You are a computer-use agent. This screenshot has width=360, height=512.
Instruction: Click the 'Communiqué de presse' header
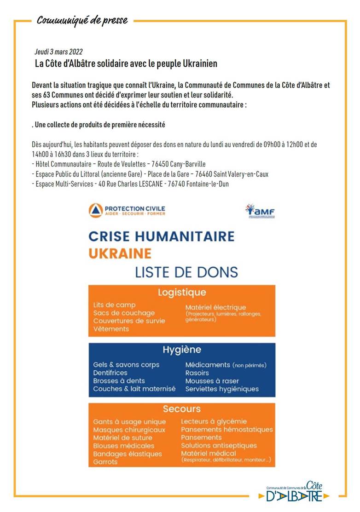(82, 21)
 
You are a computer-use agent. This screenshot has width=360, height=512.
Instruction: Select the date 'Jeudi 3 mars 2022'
(58, 52)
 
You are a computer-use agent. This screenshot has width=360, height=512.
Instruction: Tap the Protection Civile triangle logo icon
(95, 210)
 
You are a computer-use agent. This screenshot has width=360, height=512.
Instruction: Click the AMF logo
(260, 210)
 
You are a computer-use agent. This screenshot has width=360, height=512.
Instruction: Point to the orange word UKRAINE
(120, 253)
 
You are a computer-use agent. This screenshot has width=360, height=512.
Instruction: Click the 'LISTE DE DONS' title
(186, 272)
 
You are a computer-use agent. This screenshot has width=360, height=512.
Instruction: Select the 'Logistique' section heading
(182, 293)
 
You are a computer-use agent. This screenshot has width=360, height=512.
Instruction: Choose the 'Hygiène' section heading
(182, 350)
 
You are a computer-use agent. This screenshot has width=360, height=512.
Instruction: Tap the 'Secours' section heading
(182, 409)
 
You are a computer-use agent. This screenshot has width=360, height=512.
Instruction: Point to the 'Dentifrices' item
(110, 373)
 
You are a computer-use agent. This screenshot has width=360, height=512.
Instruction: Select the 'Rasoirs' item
(197, 373)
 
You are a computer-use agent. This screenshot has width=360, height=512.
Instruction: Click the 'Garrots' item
(105, 462)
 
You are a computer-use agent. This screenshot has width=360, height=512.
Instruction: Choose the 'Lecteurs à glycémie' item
(214, 421)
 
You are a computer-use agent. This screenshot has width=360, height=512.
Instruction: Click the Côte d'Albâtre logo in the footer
(297, 492)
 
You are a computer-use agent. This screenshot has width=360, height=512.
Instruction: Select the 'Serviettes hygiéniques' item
(222, 389)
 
